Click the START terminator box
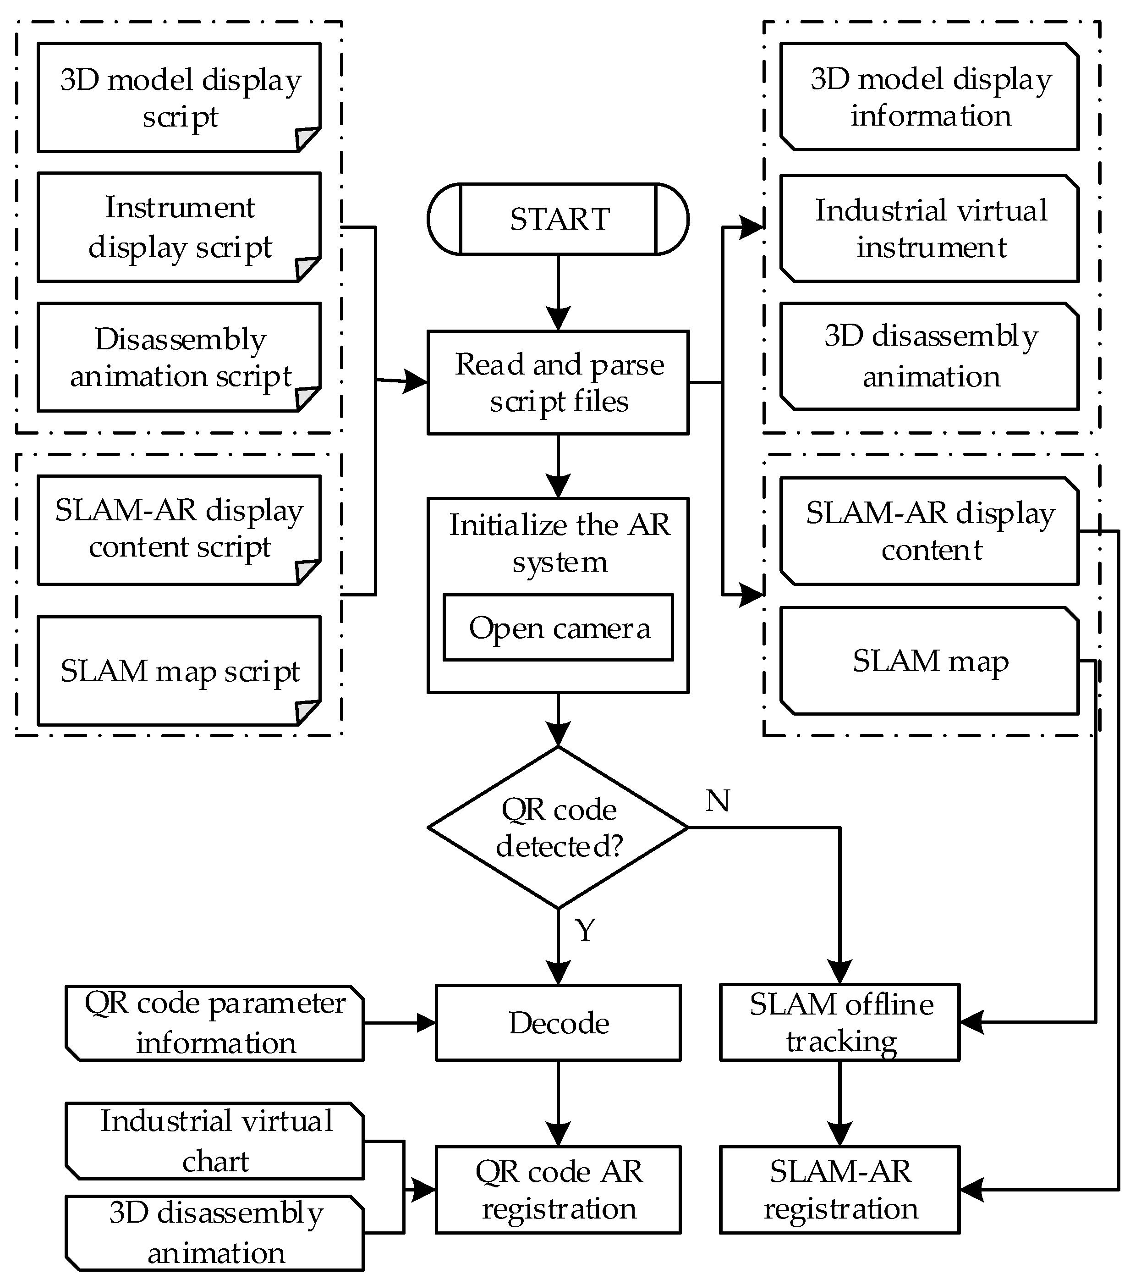point(558,219)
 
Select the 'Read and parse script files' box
point(558,382)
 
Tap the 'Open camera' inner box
point(558,628)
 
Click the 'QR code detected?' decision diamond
point(558,827)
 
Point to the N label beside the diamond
point(717,801)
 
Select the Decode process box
point(558,1023)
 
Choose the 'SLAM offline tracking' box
point(839,1023)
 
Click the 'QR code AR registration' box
point(558,1190)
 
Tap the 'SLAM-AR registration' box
point(839,1190)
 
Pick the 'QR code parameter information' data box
point(215,1023)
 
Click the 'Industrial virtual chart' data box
point(215,1141)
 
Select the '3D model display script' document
point(179,98)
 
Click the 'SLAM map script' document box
point(179,671)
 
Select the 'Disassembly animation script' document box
point(179,357)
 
